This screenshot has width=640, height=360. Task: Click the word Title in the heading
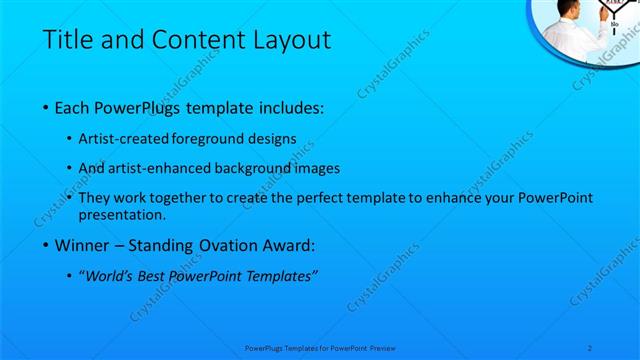[x=67, y=40]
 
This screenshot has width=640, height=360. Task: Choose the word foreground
[x=210, y=139]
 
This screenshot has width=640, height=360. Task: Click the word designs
[x=272, y=139]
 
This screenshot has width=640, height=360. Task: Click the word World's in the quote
[x=110, y=276]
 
